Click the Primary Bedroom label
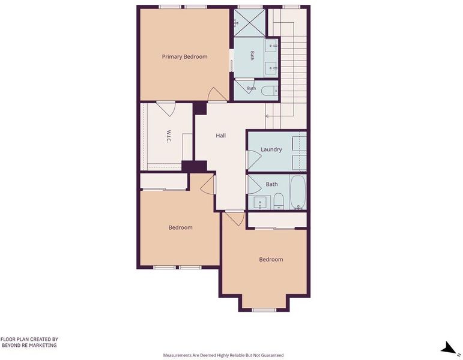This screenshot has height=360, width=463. (x=184, y=56)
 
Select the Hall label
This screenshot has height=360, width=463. (x=220, y=136)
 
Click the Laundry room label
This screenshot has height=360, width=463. (x=271, y=149)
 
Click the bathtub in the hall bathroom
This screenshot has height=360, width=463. (x=297, y=192)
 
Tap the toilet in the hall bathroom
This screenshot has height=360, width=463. (x=279, y=201)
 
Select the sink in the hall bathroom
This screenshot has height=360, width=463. (x=260, y=202)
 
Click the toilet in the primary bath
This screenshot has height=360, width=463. (x=270, y=91)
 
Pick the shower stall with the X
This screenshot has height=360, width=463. (x=249, y=23)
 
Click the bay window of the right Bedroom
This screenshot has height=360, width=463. (x=264, y=310)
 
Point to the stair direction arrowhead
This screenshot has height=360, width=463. (x=267, y=116)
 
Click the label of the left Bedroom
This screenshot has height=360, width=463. (x=180, y=227)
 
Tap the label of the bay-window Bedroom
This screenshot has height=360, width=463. (x=271, y=259)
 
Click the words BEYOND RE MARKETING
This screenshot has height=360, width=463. (x=29, y=345)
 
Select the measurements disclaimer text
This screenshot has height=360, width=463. (x=223, y=355)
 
